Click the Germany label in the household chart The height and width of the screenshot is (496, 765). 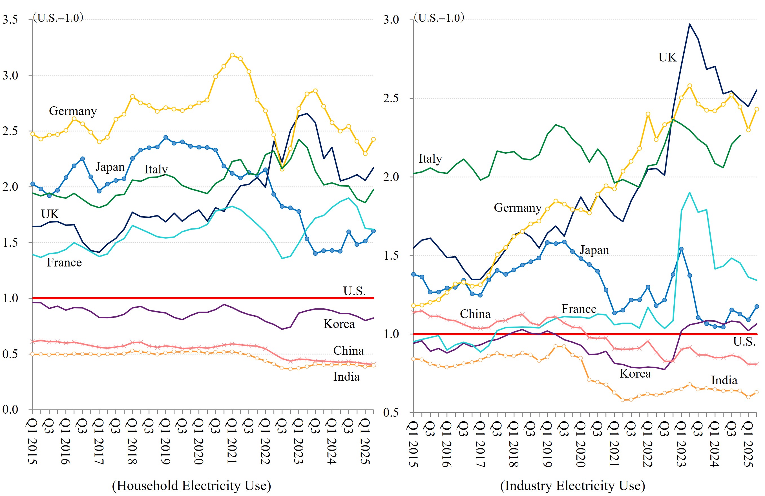73,111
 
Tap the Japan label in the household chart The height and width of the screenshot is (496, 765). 110,167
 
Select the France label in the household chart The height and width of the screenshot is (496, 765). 64,262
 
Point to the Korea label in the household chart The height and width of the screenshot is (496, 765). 339,324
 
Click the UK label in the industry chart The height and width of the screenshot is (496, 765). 667,57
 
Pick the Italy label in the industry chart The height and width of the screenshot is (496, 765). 430,158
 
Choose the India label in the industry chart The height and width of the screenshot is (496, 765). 724,380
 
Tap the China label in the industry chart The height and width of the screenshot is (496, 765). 475,314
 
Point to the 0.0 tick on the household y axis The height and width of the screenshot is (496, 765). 10,409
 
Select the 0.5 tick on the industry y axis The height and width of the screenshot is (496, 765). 391,413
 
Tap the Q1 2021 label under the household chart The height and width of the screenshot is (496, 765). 232,441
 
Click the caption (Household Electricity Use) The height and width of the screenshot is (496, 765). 192,485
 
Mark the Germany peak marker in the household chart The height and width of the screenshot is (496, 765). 232,55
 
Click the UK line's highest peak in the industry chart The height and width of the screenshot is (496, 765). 689,24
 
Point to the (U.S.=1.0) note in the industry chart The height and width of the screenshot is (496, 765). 439,18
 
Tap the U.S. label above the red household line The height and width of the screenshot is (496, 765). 354,291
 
